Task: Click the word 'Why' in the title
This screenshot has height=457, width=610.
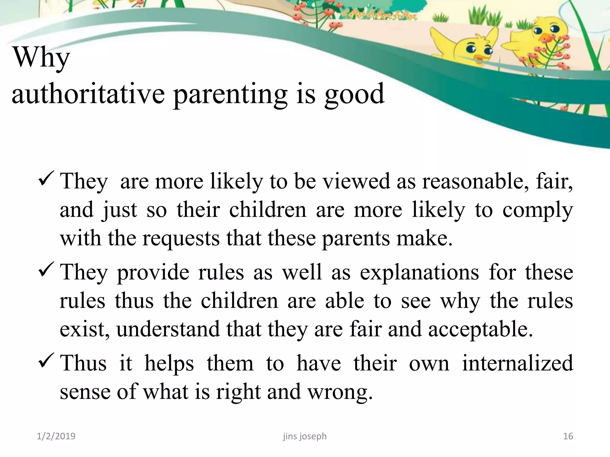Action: tap(41, 58)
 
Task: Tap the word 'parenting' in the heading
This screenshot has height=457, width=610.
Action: tap(230, 95)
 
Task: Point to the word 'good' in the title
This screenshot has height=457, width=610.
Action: tap(354, 95)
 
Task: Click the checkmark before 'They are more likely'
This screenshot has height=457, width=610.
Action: tap(46, 178)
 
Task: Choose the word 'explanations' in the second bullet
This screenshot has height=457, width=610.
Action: tap(419, 272)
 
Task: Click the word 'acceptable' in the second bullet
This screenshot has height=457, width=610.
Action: tap(480, 330)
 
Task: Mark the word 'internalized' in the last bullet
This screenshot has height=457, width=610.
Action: tap(518, 363)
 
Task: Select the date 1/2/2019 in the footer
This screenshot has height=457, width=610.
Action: tap(56, 436)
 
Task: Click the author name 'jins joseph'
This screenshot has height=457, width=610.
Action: tap(305, 436)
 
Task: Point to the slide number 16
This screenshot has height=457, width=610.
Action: tap(568, 436)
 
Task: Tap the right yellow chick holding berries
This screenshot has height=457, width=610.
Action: tap(536, 39)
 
